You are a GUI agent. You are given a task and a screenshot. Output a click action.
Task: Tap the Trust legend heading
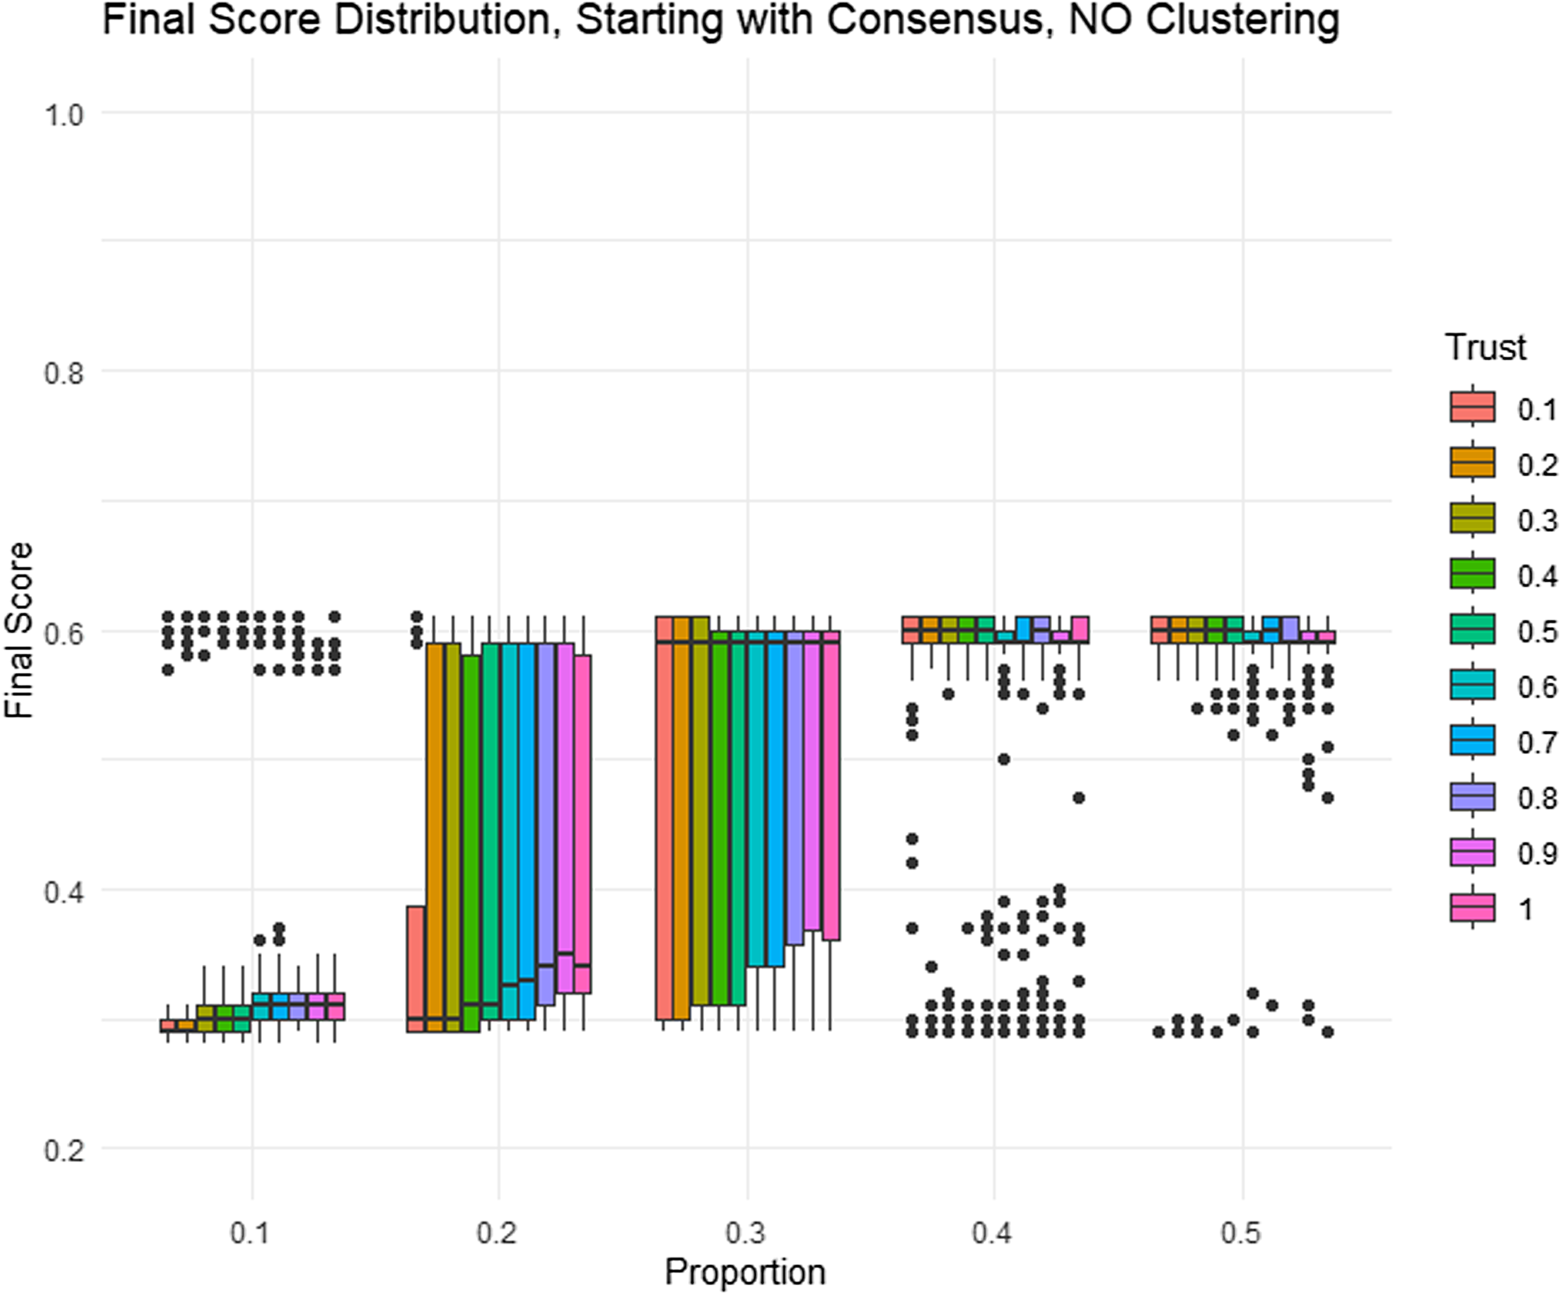point(1485,347)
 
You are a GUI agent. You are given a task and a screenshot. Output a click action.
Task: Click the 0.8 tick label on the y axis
point(64,371)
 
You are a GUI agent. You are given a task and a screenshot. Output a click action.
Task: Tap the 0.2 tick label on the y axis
point(64,1149)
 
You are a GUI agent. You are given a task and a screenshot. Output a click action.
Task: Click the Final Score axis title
point(19,629)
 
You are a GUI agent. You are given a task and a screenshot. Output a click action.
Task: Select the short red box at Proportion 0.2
point(415,969)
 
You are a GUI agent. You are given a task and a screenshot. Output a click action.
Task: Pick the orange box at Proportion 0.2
point(435,837)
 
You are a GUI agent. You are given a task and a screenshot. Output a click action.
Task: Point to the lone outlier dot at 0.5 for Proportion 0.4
point(1003,759)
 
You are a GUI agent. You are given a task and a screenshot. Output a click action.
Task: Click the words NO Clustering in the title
point(1204,20)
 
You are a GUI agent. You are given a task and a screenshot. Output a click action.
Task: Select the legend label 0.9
point(1537,853)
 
